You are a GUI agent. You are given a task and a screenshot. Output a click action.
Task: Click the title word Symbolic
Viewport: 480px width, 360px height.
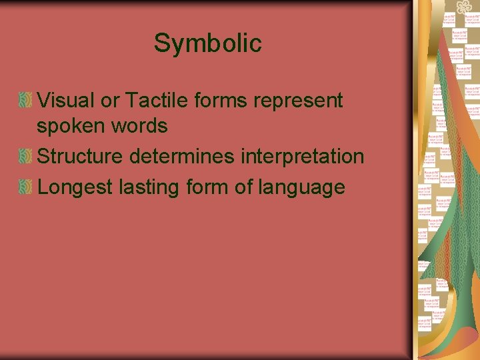pyautogui.click(x=207, y=43)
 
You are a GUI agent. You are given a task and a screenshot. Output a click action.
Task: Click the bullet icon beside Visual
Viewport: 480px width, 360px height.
pyautogui.click(x=25, y=101)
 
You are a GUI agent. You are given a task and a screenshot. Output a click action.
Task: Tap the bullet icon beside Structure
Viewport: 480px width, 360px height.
pyautogui.click(x=25, y=157)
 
